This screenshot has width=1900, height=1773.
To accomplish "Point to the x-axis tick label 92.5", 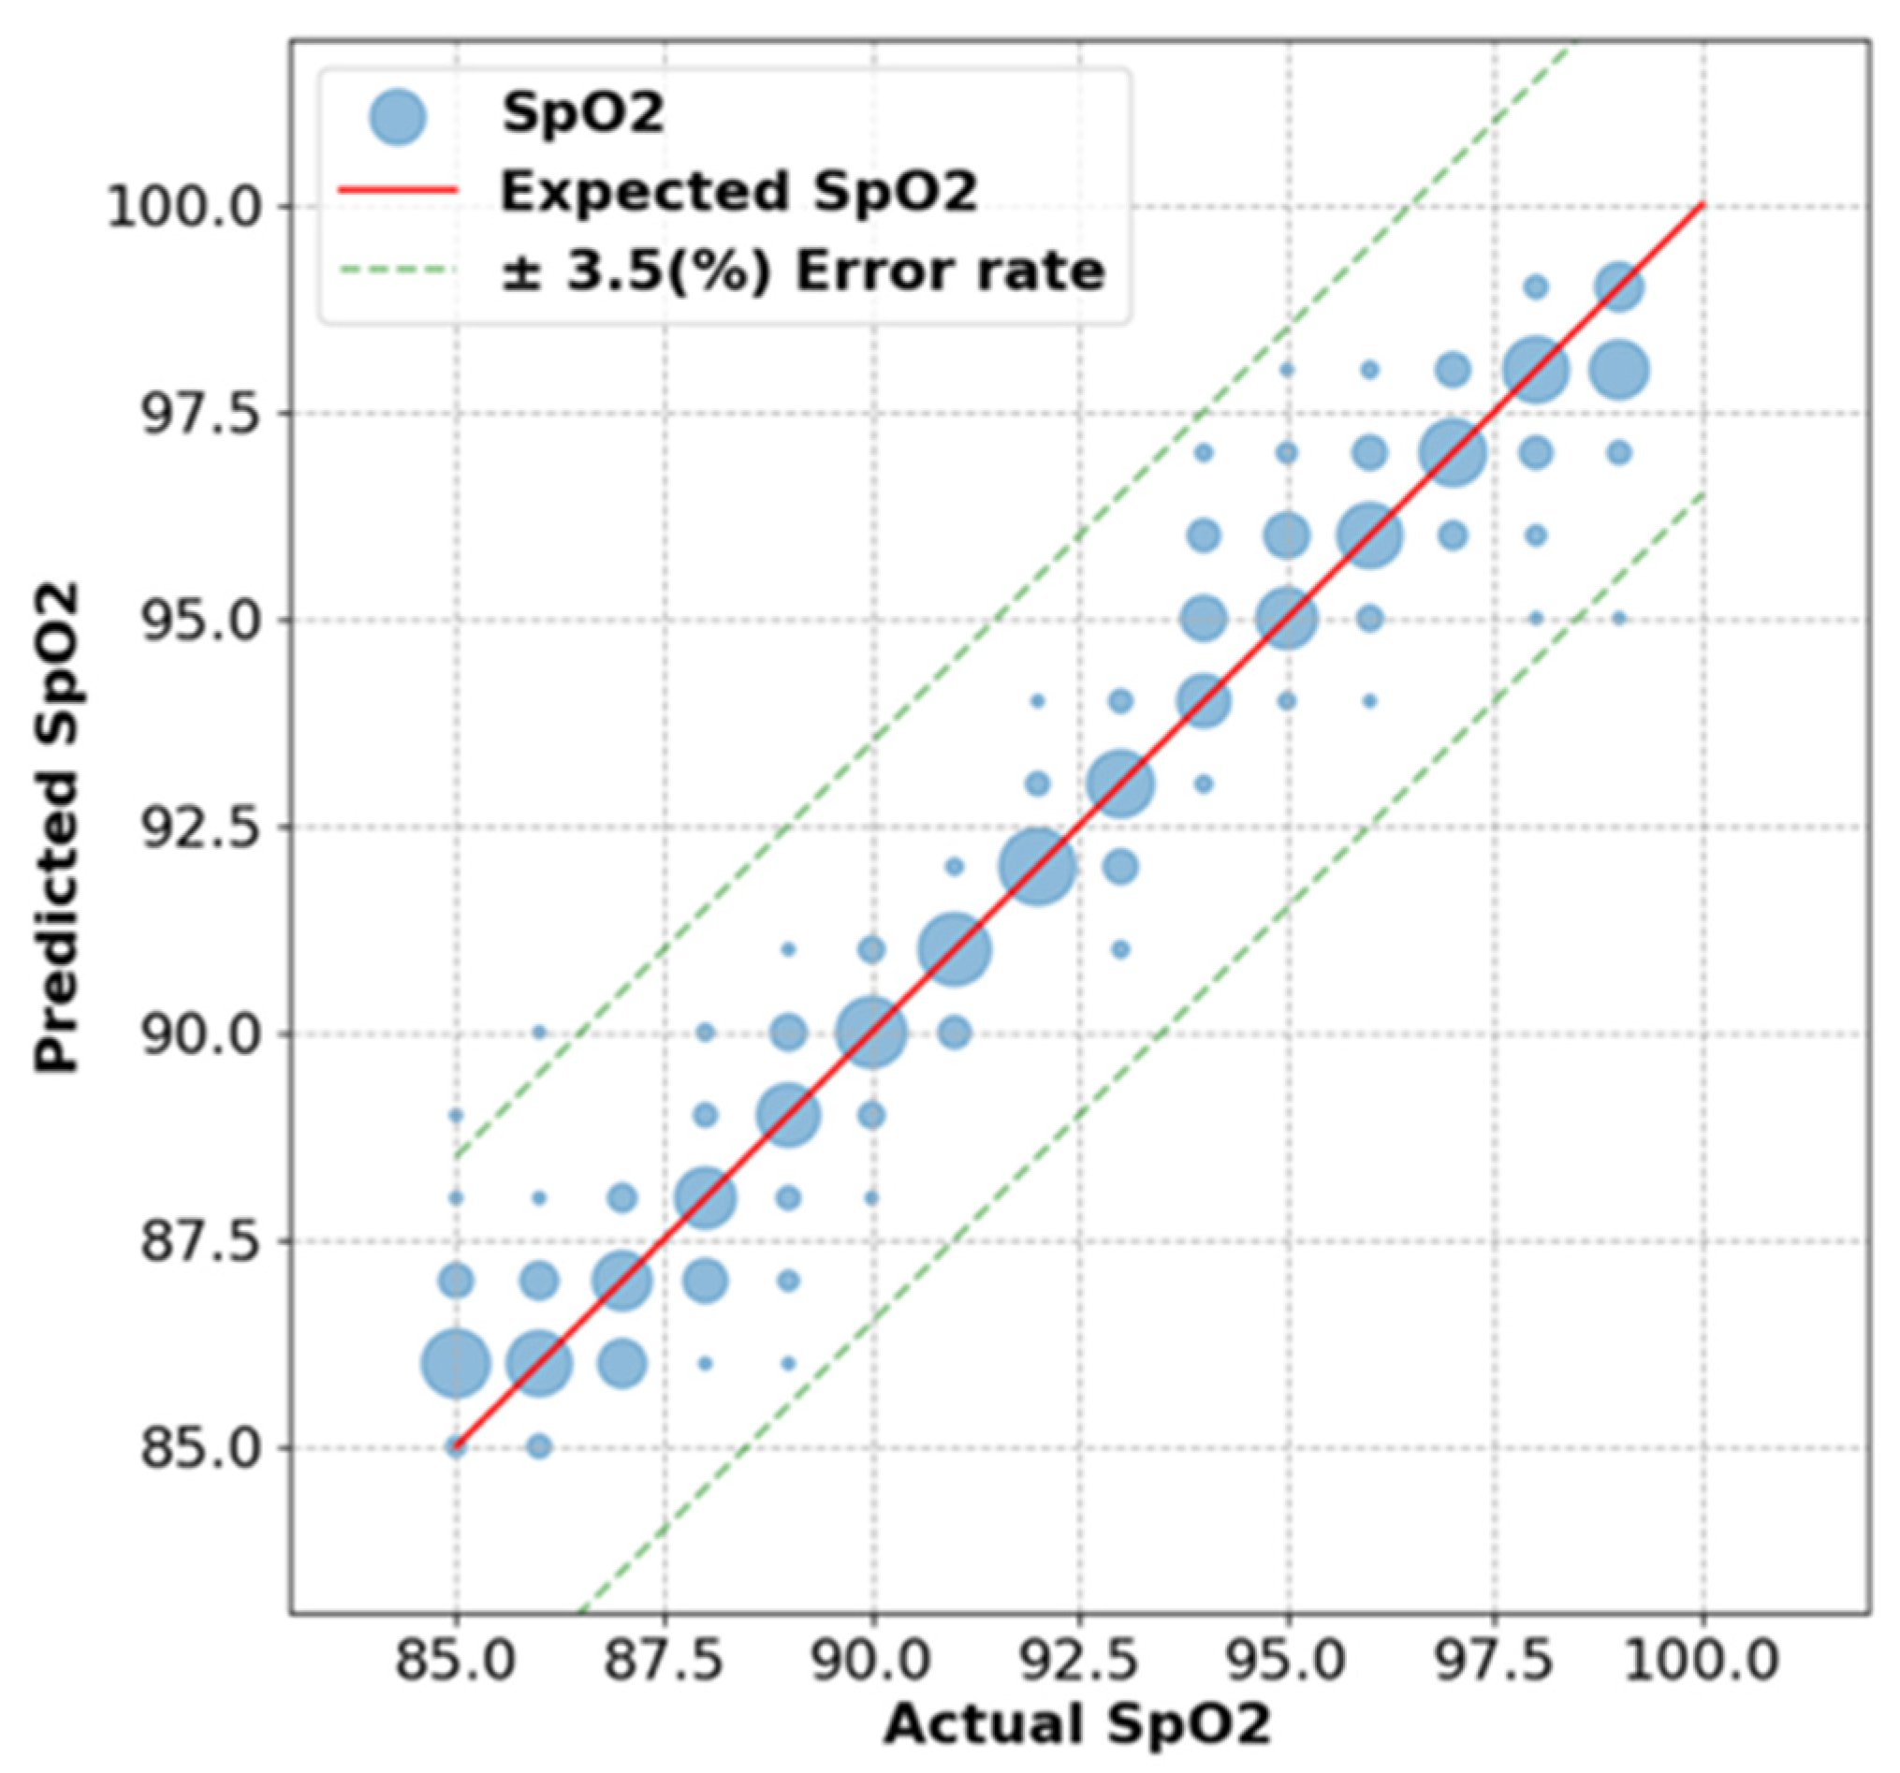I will coord(1079,1661).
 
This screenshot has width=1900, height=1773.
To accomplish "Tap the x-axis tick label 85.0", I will coord(456,1661).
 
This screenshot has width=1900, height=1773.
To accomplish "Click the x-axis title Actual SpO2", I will coord(1078,1726).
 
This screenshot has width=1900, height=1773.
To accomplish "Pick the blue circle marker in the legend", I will coord(398,118).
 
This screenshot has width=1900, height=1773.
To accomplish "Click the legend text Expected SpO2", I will coord(738,191).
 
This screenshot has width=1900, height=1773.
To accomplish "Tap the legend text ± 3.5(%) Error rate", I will coord(803,271).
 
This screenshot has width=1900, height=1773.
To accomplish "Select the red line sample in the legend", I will coord(398,191).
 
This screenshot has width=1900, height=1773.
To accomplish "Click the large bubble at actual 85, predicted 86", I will coord(457,1364).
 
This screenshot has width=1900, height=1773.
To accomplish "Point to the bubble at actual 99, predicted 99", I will coord(1619,286).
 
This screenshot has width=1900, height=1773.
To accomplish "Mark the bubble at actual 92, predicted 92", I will coord(1038,867).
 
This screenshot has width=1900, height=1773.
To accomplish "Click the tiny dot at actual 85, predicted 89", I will coord(456,1116).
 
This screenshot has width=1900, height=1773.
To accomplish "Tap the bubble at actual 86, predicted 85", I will coord(539,1446).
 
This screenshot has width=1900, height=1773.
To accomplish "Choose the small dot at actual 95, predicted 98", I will coord(1286,370).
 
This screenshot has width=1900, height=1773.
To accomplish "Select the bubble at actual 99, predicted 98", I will coord(1619,370).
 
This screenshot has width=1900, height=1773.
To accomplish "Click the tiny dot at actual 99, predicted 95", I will coord(1619,619).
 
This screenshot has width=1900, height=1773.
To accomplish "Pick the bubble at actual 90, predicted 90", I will coord(870,1033).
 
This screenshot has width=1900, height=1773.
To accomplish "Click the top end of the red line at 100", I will coord(1702,206).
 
